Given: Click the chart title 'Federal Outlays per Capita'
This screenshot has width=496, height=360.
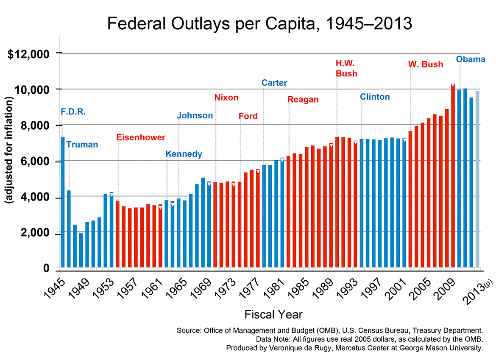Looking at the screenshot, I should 259,23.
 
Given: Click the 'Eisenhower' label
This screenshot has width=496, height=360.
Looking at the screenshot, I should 141,137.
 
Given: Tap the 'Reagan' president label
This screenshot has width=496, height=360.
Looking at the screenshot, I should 303,100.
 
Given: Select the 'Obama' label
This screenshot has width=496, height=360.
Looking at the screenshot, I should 471,59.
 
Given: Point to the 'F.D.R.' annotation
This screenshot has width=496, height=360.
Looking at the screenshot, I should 73,112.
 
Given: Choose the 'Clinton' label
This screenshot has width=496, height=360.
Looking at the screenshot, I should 375,97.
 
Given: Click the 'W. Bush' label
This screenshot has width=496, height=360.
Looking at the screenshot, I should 426,64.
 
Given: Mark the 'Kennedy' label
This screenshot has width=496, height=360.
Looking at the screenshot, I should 184,154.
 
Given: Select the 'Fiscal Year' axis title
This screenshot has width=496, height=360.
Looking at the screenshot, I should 273,314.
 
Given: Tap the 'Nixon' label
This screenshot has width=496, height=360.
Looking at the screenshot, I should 226,98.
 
